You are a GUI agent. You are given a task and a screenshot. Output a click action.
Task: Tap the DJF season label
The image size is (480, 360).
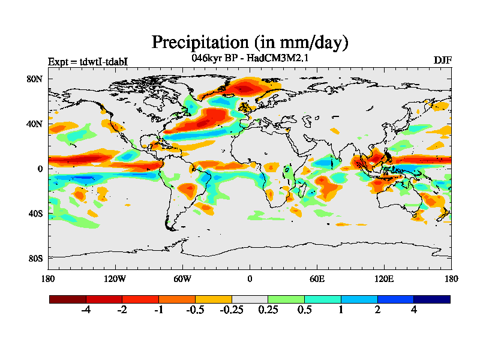(x=442, y=61)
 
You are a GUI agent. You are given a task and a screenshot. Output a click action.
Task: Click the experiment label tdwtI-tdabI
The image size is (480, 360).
(x=88, y=62)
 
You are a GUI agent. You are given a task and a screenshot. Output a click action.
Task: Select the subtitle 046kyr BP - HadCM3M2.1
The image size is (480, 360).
(x=250, y=59)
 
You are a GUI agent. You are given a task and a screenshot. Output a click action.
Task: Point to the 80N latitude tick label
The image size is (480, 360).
(x=35, y=79)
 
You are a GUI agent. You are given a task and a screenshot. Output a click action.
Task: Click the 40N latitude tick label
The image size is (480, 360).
(x=35, y=124)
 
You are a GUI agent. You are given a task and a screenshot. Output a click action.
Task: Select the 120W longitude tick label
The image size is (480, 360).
(x=115, y=278)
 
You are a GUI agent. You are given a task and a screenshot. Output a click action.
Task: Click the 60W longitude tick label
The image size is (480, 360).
(x=182, y=278)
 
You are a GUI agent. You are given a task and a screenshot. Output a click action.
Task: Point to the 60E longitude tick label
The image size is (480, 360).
(x=317, y=278)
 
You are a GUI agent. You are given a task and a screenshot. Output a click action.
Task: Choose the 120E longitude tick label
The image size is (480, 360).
(x=384, y=278)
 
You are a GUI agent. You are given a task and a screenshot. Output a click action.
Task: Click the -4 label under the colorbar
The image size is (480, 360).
(x=86, y=310)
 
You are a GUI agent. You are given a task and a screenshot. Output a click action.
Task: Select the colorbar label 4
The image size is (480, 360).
(x=413, y=310)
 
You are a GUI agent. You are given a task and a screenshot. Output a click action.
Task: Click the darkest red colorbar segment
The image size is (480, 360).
(x=68, y=299)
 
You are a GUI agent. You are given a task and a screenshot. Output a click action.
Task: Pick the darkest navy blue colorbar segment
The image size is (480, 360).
(x=431, y=299)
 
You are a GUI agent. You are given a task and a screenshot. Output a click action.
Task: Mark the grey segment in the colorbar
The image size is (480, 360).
(x=250, y=299)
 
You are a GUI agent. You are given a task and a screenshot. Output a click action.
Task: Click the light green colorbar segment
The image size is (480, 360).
(x=286, y=299)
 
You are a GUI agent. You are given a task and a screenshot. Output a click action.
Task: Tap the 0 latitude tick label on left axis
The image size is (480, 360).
(x=40, y=169)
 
